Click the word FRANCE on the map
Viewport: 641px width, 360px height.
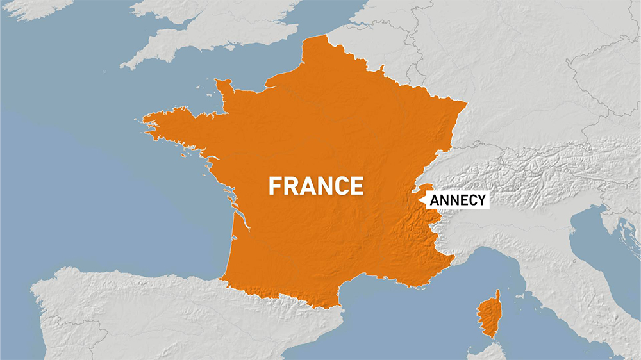point(316,186)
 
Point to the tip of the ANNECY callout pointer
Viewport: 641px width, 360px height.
point(418,200)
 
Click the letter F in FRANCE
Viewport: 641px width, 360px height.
point(275,186)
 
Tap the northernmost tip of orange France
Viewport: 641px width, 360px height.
point(315,37)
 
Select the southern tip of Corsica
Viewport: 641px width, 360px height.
point(490,336)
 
